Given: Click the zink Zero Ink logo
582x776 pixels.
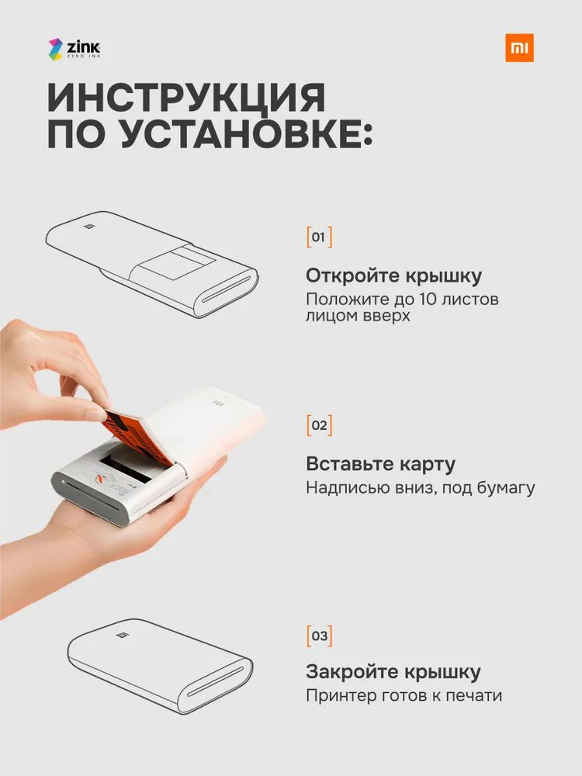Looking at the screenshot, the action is (74, 49).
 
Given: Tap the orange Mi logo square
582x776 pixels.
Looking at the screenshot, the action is (519, 48).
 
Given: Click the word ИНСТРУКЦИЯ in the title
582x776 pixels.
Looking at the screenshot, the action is (186, 98).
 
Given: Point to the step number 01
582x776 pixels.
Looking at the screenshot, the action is (319, 237).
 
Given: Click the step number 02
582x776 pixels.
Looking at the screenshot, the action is (319, 425).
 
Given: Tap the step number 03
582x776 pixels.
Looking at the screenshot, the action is (319, 636).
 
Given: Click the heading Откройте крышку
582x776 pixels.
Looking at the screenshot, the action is (393, 275).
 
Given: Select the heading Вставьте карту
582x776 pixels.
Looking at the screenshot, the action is (380, 464).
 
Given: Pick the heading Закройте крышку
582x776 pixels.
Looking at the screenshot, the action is (393, 671).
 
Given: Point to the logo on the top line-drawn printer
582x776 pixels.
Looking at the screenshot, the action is (89, 226).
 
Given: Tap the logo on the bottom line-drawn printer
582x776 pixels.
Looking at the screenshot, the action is (122, 635).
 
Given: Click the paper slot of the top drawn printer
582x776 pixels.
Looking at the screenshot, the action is (227, 289).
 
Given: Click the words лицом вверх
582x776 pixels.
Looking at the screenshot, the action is (358, 316).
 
